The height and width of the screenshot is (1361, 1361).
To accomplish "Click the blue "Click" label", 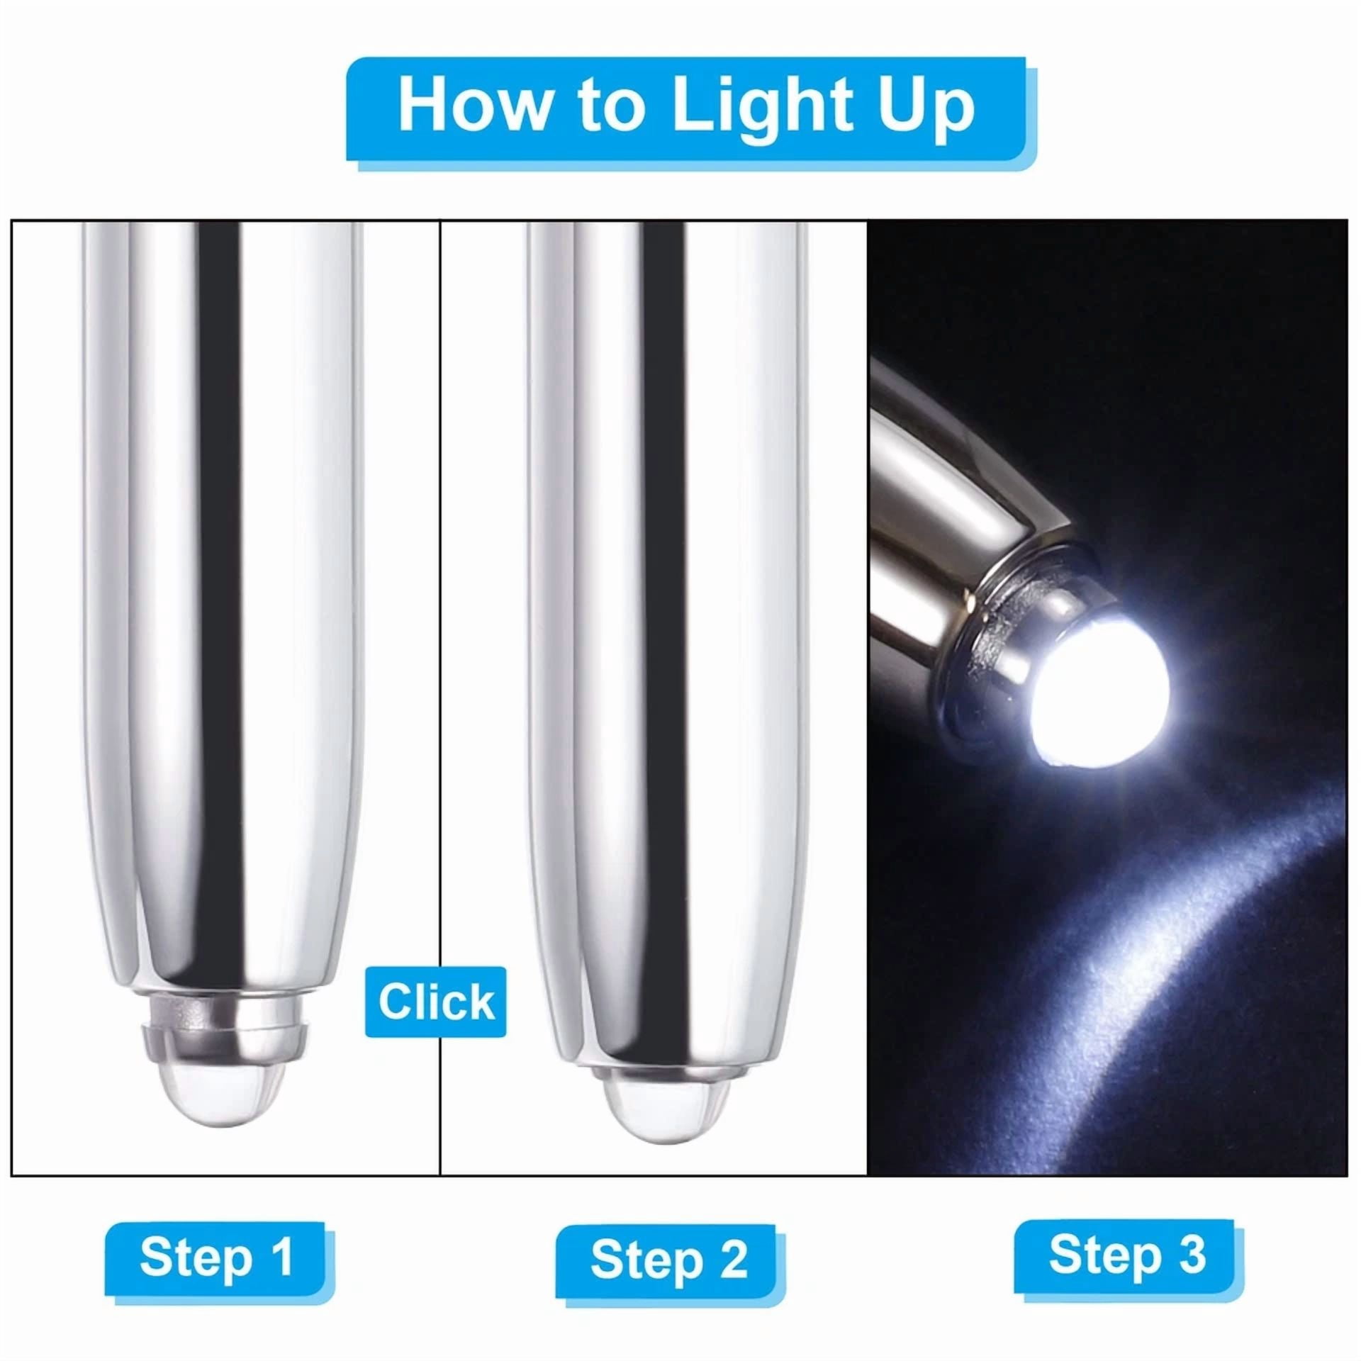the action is pos(436,1002).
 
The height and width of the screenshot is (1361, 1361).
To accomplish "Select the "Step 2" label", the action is pos(668,1260).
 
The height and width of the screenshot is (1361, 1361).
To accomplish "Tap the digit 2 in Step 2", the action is pos(732,1260).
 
